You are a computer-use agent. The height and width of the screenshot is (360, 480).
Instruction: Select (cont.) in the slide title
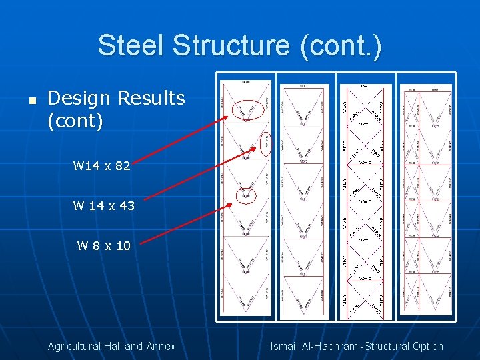(x=341, y=46)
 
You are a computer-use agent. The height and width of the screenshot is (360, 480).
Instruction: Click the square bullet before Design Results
(x=31, y=101)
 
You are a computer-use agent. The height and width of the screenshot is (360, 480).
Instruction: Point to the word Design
(x=79, y=98)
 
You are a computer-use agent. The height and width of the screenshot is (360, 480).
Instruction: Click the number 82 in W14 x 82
(x=122, y=166)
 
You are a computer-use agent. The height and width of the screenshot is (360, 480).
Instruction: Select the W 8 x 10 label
(x=104, y=246)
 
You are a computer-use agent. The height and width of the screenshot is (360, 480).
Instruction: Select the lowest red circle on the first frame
(x=246, y=195)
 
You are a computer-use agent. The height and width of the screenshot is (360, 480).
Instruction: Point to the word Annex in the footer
(x=161, y=346)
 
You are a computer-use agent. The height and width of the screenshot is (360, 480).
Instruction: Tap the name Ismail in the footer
(x=285, y=346)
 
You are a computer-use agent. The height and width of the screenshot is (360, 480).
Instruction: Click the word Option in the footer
(x=427, y=346)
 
